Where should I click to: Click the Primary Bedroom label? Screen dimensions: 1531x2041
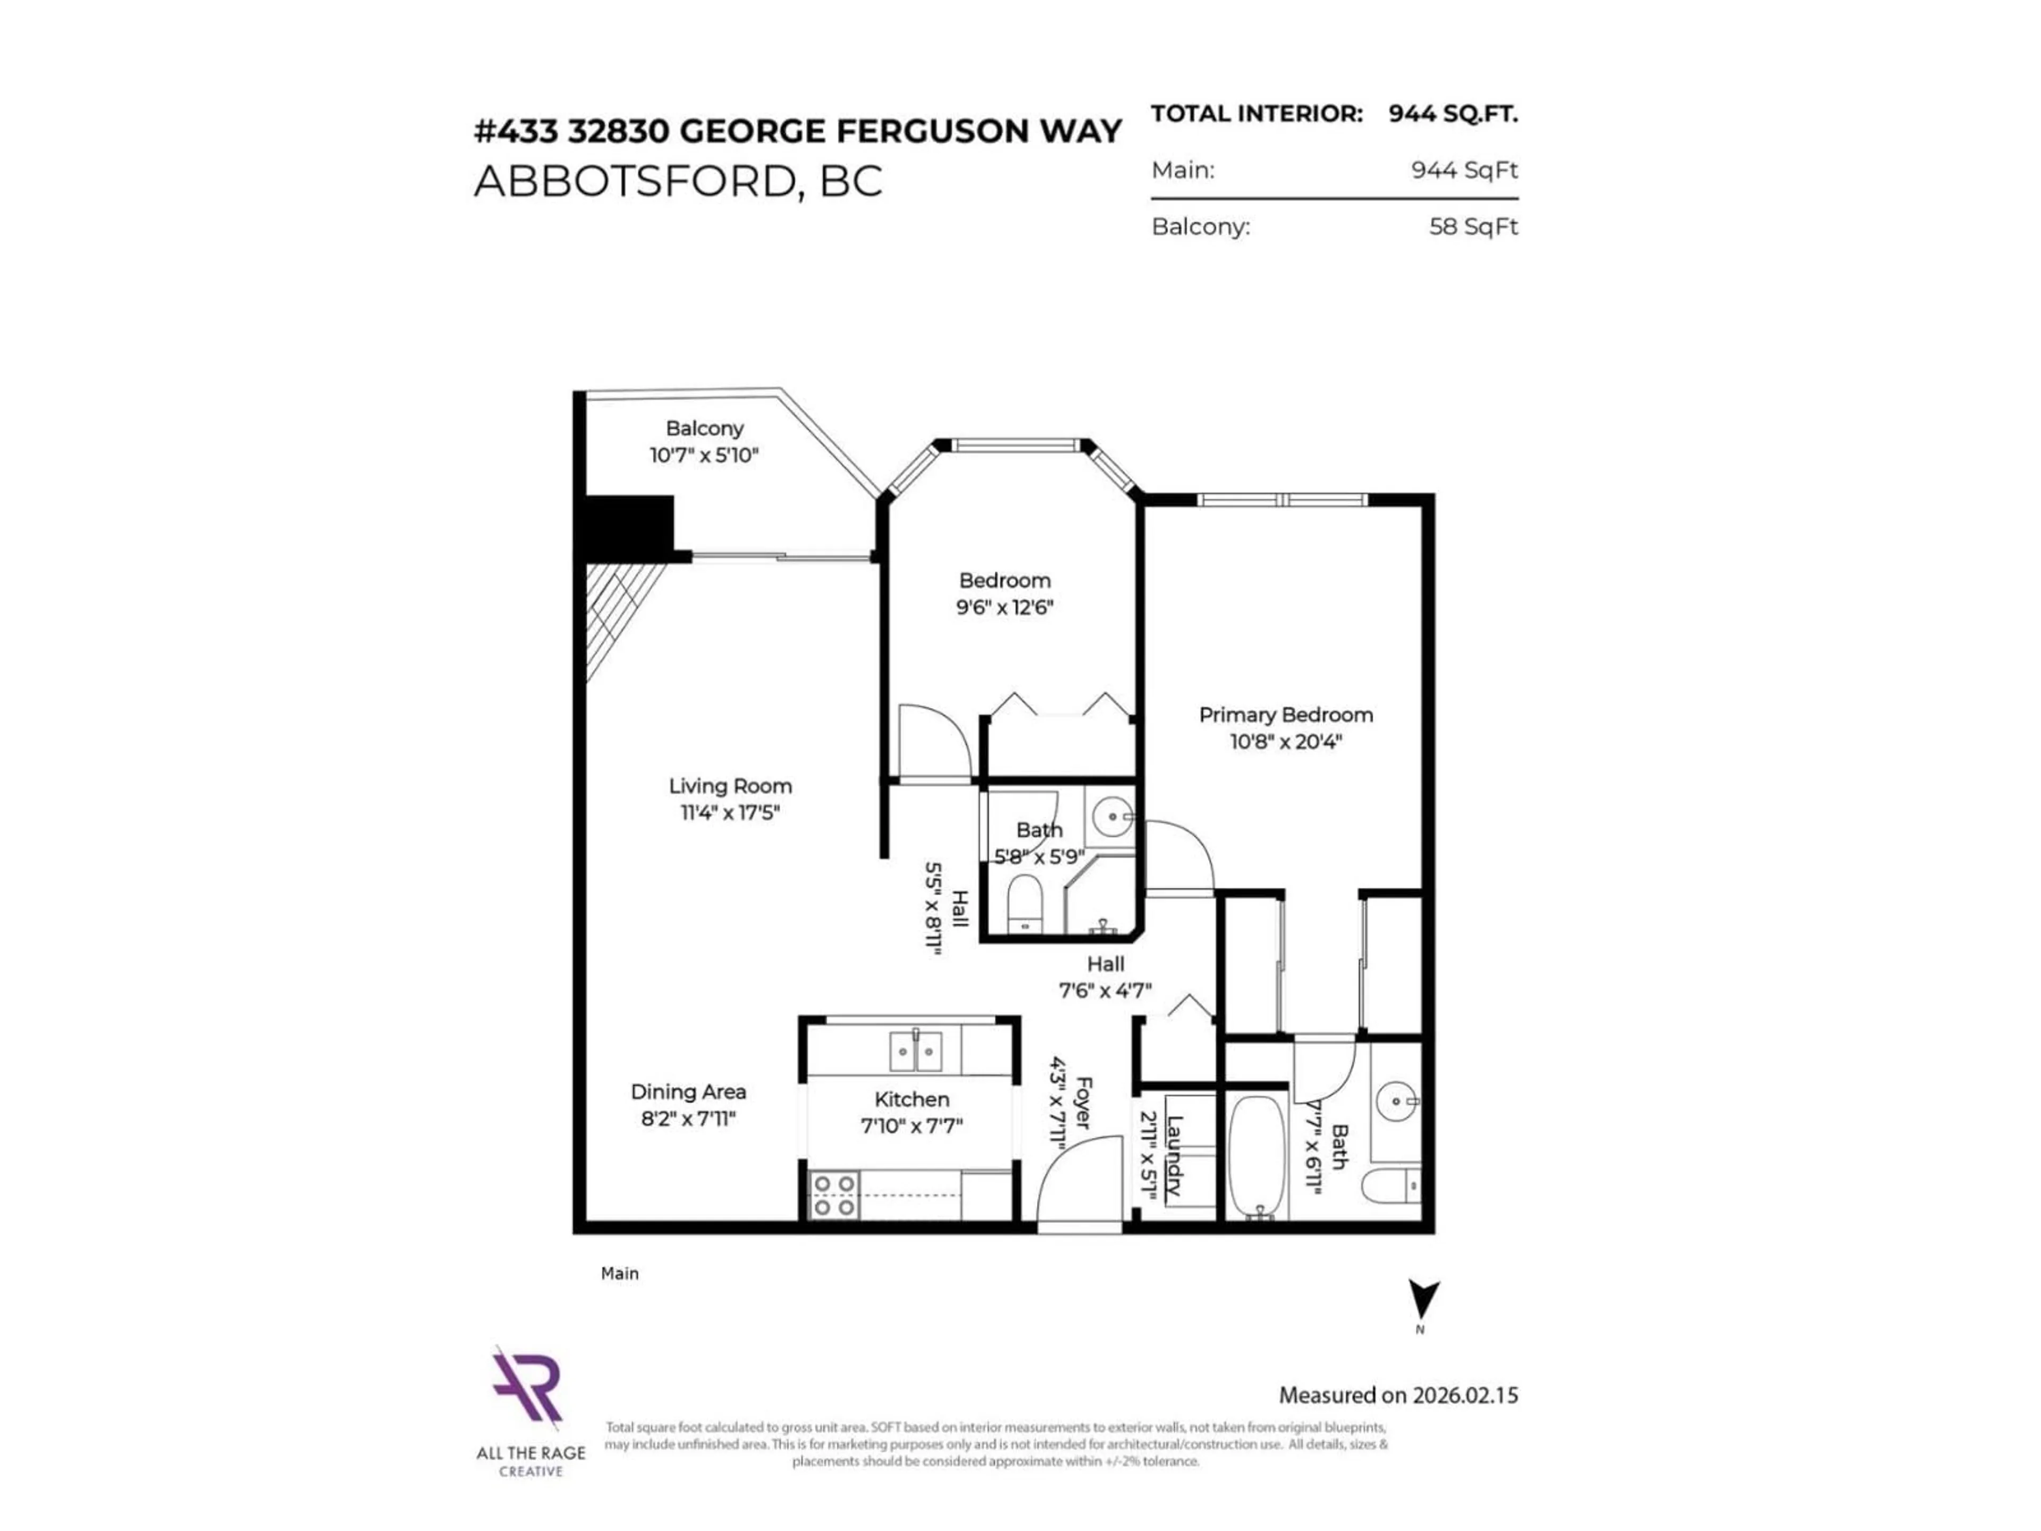tap(1285, 714)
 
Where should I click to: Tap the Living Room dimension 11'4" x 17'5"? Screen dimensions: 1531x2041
tap(730, 813)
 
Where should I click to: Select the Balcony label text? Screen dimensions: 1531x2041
tap(704, 428)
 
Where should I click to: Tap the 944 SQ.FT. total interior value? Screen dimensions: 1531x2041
tap(1452, 114)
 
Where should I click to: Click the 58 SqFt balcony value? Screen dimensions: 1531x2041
tap(1473, 227)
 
